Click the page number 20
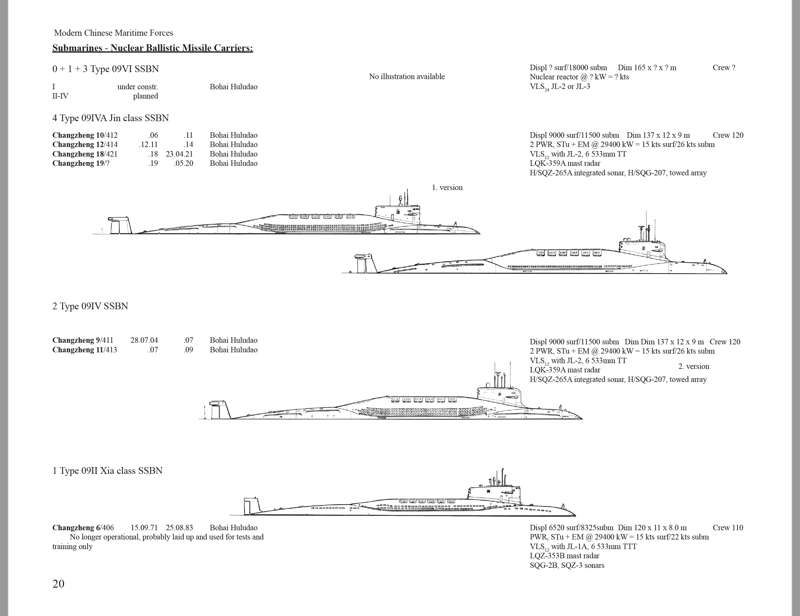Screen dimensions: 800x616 click(58, 584)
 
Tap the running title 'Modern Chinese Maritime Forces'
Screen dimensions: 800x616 click(114, 33)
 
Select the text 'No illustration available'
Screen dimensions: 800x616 click(407, 77)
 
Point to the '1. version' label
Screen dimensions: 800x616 click(447, 187)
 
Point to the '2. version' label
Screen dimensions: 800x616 click(694, 366)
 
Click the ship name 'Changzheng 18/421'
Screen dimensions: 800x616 click(85, 154)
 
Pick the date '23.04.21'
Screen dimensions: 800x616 click(180, 154)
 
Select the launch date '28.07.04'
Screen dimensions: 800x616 click(144, 340)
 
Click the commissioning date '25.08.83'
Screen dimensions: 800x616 click(180, 528)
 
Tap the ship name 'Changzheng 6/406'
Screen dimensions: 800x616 click(83, 528)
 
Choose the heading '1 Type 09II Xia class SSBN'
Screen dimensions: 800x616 click(107, 471)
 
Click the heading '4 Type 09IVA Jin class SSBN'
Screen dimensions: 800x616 click(111, 118)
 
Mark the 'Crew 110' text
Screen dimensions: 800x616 click(728, 528)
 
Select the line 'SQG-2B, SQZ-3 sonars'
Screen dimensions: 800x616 click(567, 565)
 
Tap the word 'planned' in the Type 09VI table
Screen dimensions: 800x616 click(146, 96)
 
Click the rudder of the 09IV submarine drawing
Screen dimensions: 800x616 click(220, 410)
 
